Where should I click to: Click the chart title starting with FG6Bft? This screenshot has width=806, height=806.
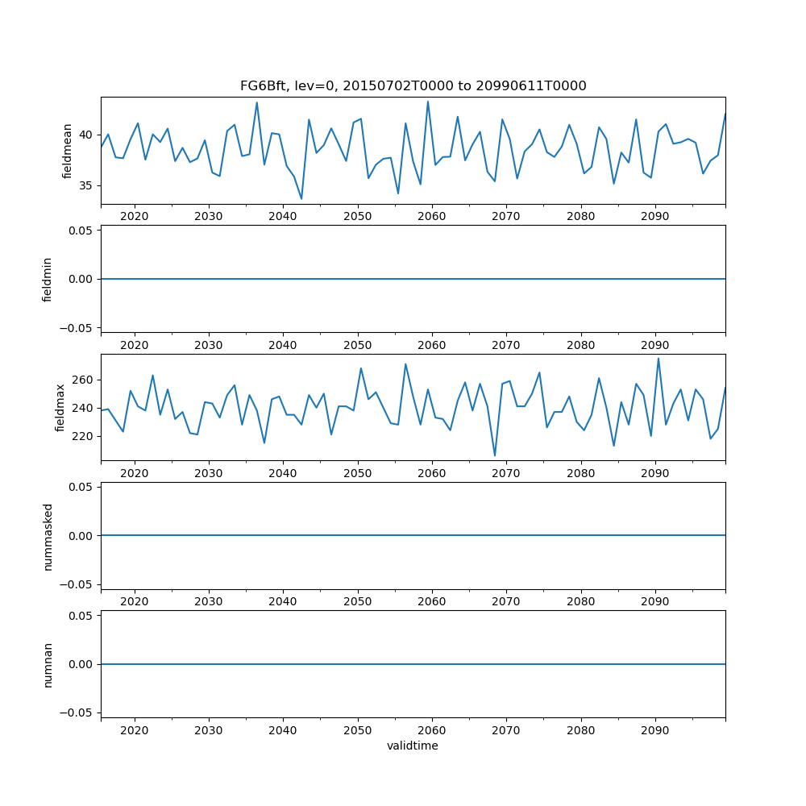413,85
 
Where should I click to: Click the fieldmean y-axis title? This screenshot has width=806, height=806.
68,151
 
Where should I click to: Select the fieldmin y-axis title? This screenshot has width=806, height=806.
48,279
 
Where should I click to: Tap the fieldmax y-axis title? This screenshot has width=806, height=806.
60,407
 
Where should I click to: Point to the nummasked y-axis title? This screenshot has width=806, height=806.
48,536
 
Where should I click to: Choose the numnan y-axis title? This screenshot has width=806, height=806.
48,664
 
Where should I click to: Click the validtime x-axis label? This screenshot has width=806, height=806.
413,746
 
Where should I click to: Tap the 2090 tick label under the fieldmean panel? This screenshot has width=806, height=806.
654,217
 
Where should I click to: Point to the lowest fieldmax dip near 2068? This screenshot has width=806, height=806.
495,456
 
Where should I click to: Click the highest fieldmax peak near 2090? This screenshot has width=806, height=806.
658,359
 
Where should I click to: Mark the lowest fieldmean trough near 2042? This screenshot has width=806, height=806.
301,199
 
